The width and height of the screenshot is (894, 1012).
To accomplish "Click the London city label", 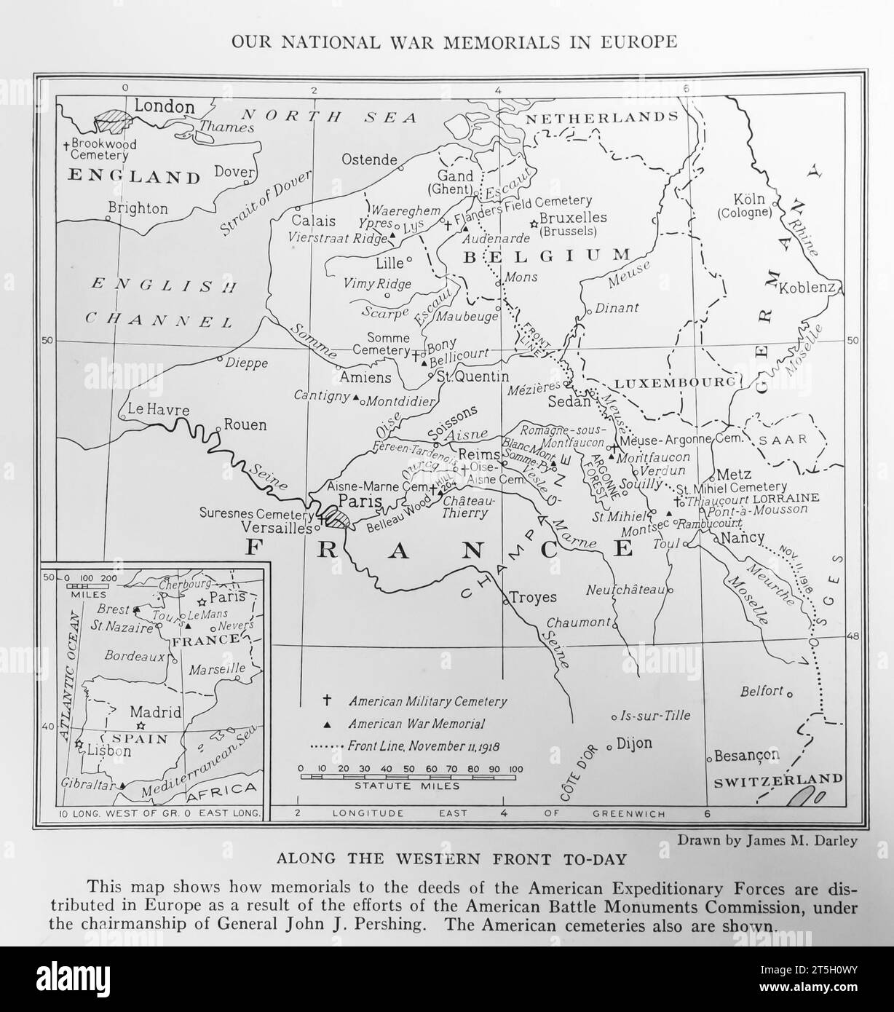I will tap(165, 106).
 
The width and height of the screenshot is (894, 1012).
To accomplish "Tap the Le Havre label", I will tap(158, 409).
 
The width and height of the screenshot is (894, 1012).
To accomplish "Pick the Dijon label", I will tap(634, 743).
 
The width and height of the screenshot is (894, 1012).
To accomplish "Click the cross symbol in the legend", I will tap(327, 700).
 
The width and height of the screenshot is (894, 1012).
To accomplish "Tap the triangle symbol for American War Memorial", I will tap(327, 724).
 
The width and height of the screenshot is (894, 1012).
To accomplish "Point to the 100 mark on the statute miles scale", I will tap(515, 768).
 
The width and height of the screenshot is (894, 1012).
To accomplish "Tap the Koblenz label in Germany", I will tap(807, 288).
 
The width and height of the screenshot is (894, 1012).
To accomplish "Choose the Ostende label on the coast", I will tap(370, 160).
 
